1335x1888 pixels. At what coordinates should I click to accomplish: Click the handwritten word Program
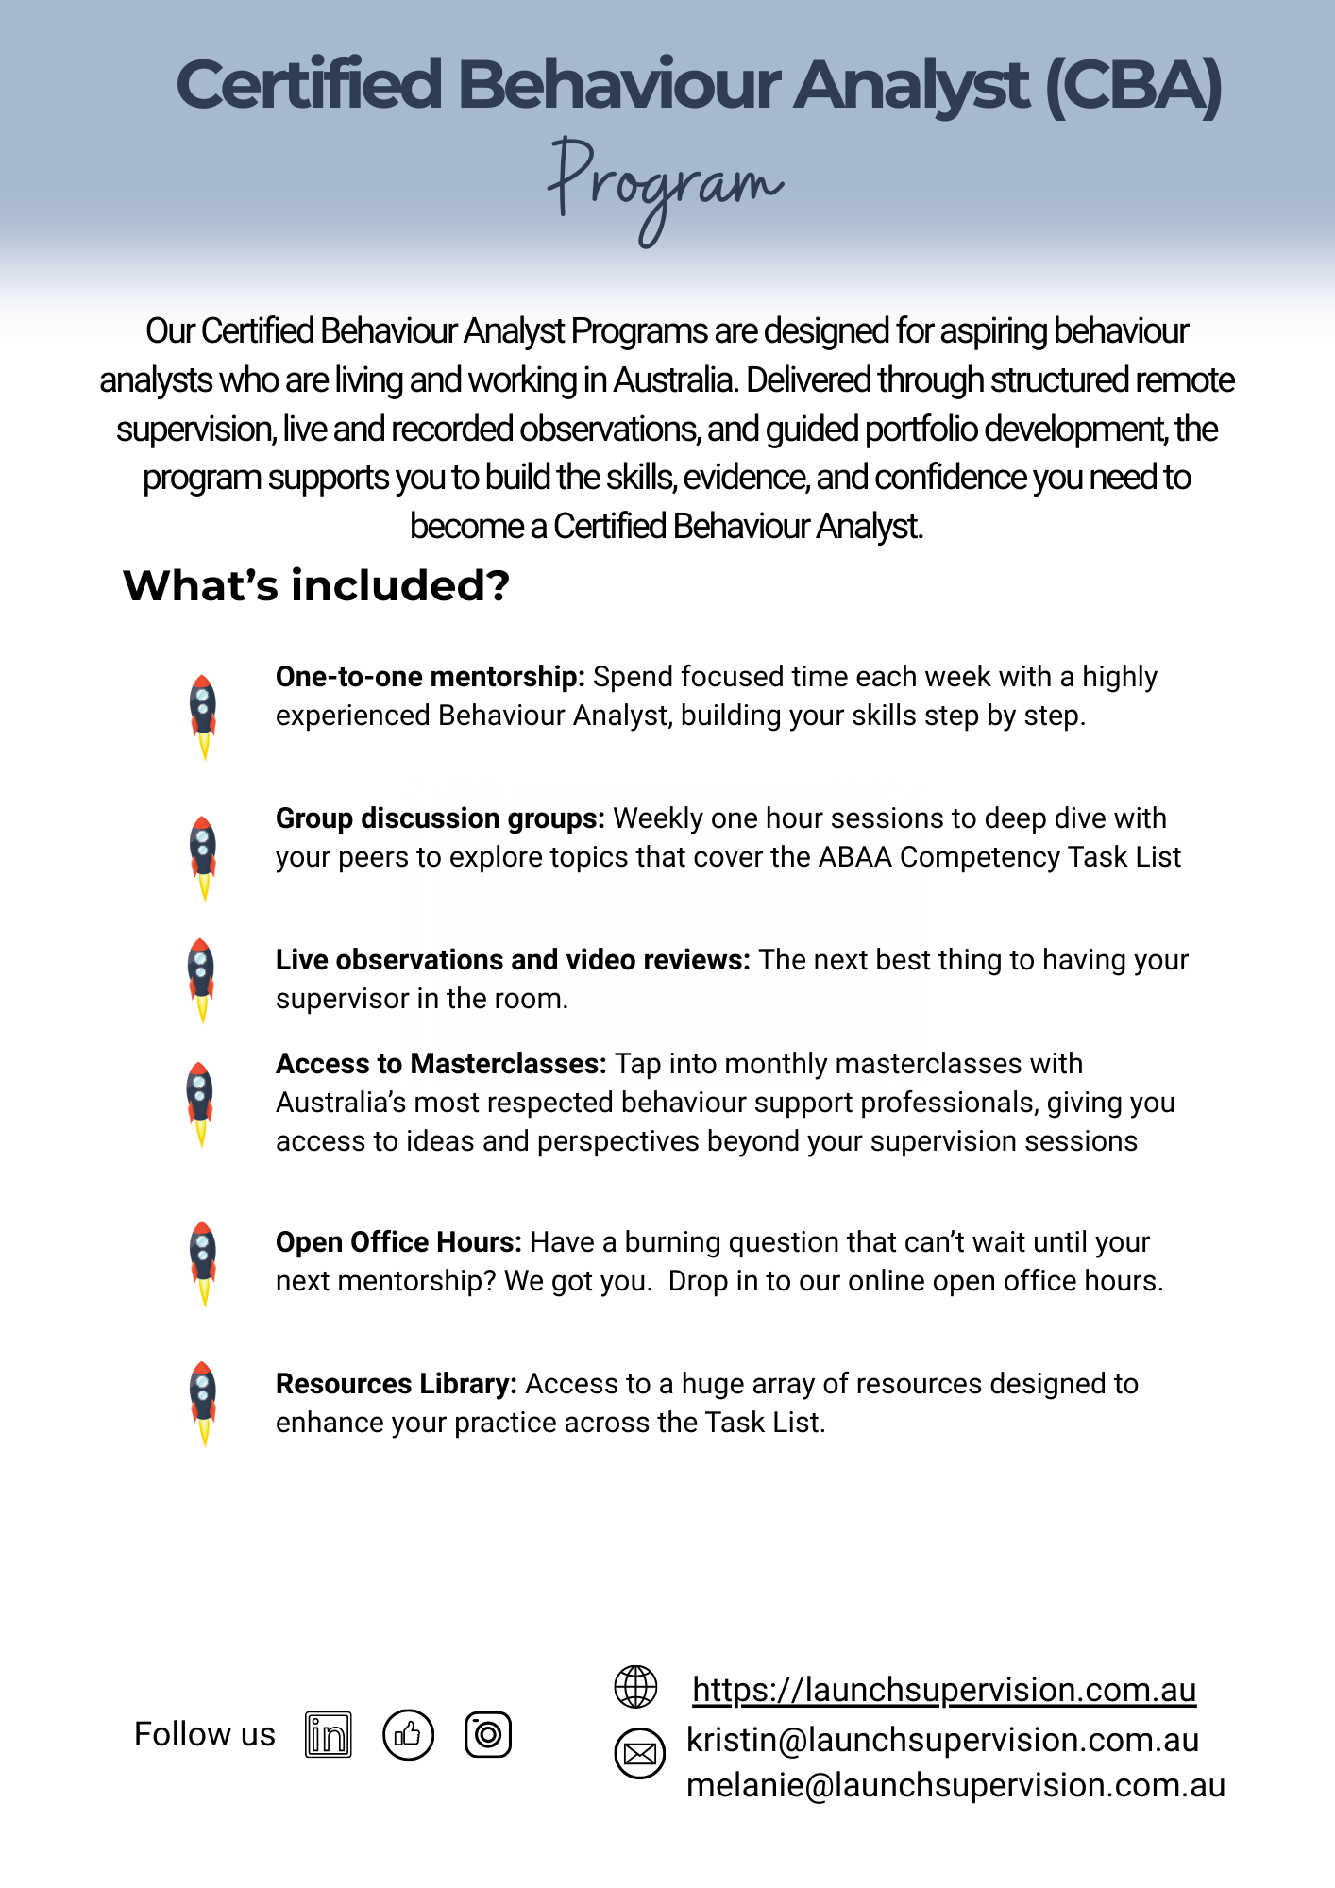tap(665, 185)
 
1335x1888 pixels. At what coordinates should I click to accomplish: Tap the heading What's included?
tap(316, 585)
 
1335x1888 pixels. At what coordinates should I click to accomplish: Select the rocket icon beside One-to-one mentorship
tap(203, 716)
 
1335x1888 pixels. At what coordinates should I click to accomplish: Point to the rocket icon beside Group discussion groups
tap(203, 857)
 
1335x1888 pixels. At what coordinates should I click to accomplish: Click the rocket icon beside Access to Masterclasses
tap(200, 1103)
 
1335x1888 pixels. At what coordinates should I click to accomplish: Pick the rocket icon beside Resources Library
tap(203, 1403)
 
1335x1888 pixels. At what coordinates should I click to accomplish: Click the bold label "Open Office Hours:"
tap(398, 1242)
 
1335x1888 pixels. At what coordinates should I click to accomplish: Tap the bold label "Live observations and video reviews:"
tap(513, 960)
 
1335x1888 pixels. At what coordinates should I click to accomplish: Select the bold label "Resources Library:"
tap(396, 1384)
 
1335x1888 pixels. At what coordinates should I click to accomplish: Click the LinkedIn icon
tap(329, 1735)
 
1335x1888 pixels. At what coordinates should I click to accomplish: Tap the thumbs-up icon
tap(408, 1735)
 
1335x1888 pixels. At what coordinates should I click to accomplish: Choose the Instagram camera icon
tap(488, 1735)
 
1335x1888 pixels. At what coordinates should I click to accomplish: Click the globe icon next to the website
tap(636, 1687)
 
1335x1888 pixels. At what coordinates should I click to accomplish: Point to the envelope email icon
tap(640, 1754)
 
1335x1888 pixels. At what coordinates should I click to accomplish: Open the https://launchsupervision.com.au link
tap(944, 1690)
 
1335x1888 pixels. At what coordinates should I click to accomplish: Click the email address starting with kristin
tap(942, 1740)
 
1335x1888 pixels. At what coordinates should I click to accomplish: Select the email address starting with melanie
tap(955, 1786)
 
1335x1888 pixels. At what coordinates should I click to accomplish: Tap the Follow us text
tap(205, 1735)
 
